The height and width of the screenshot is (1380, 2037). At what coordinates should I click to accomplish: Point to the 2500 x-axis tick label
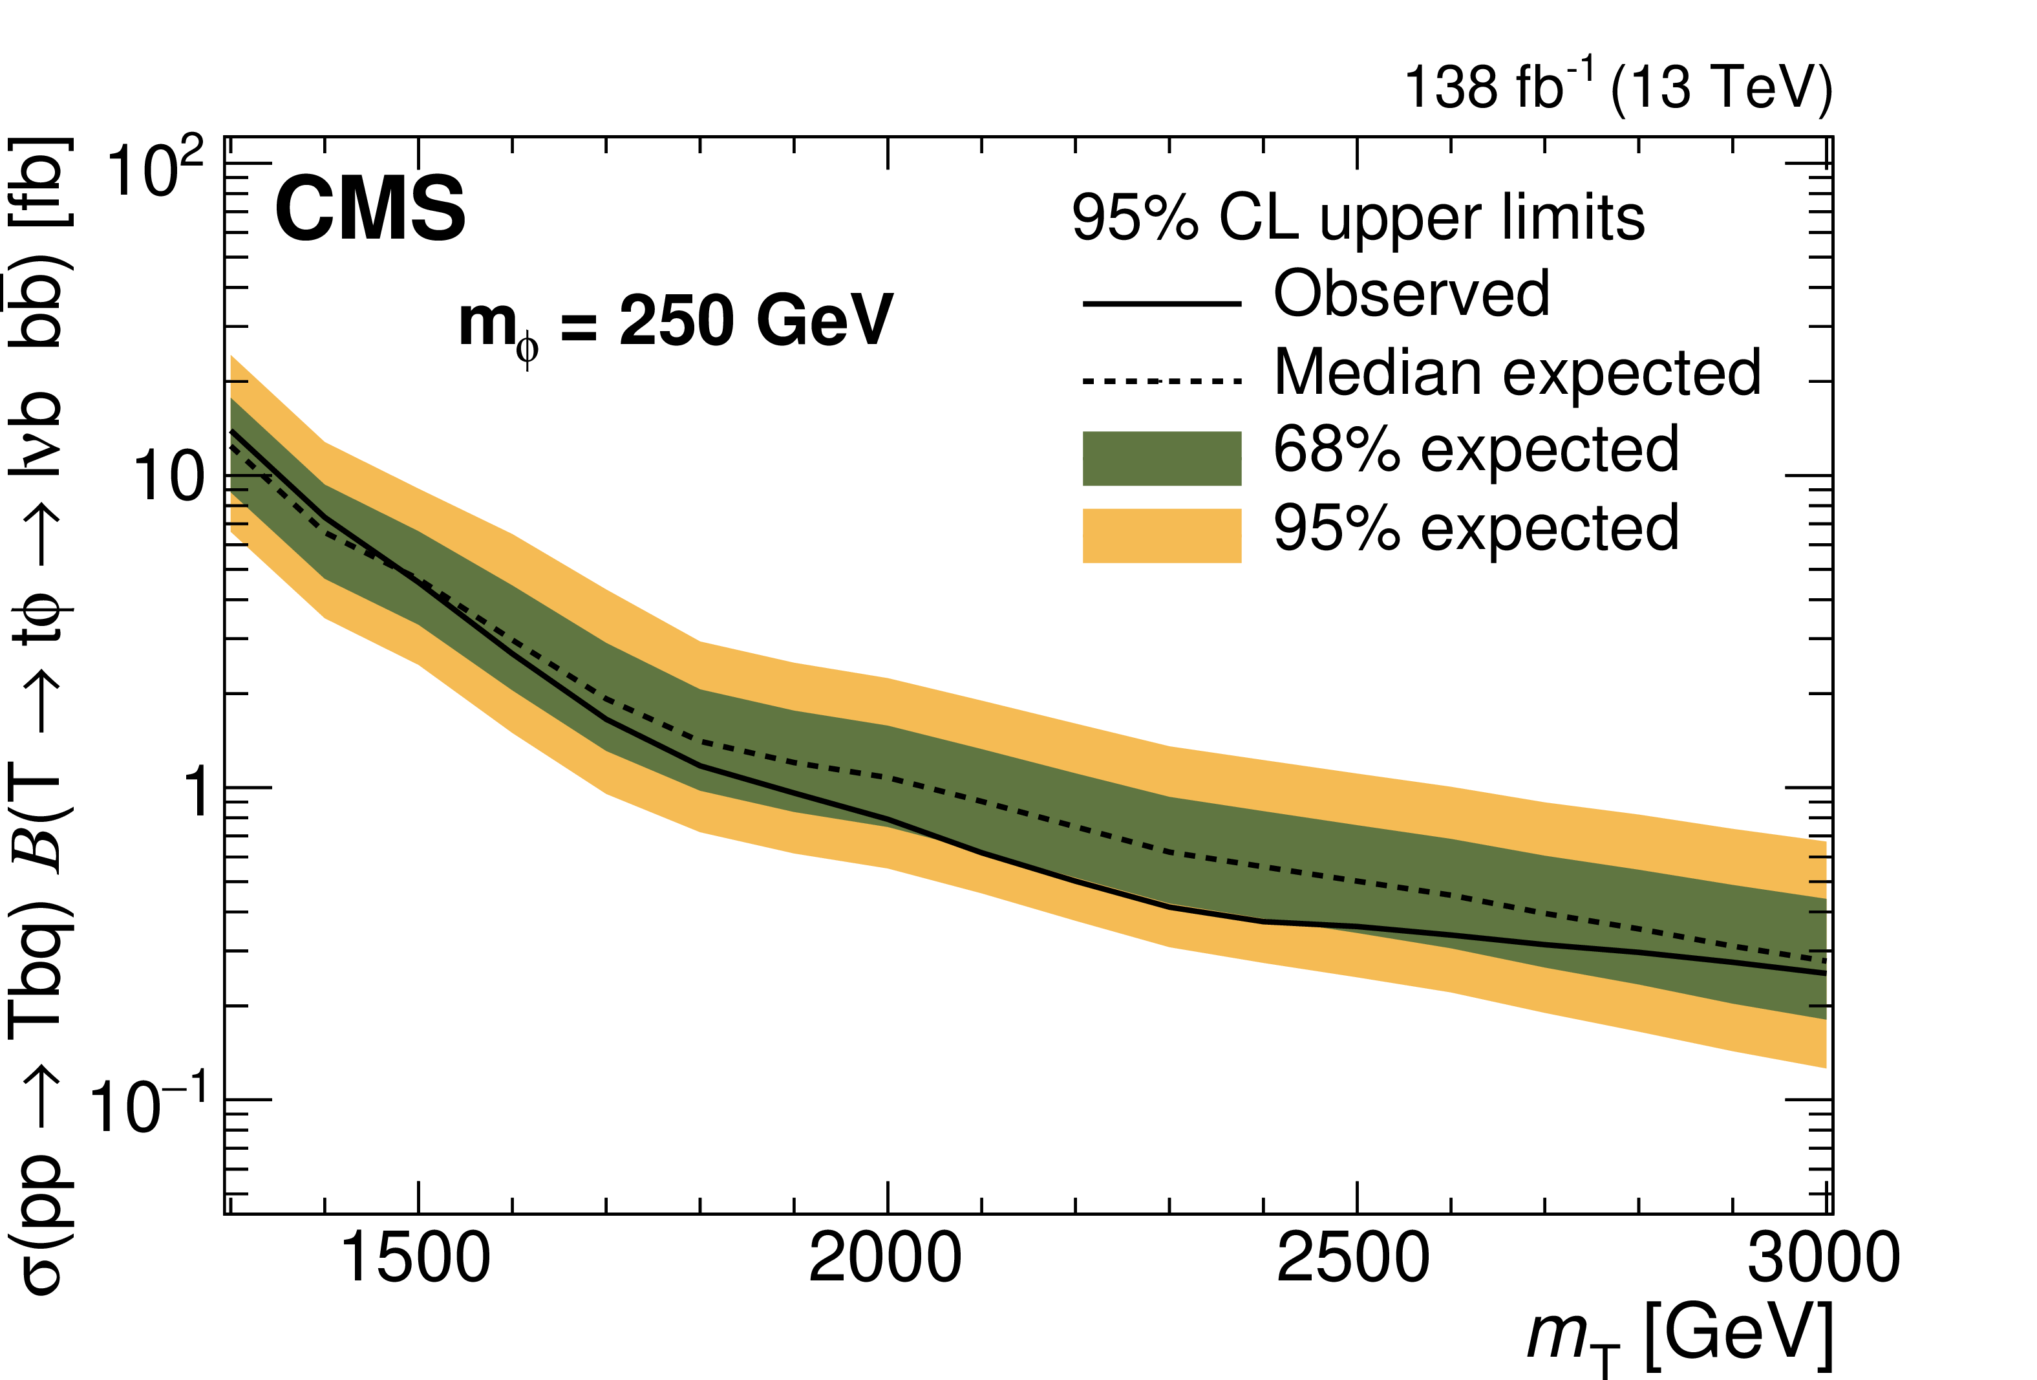(x=1354, y=1259)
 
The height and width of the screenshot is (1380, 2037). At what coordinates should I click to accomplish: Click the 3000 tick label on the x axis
(x=1823, y=1259)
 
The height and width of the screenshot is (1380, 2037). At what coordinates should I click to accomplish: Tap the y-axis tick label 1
(x=197, y=791)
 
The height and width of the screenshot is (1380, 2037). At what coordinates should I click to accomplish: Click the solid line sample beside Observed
(x=1162, y=303)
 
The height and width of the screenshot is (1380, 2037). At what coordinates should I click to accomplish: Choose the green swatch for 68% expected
(x=1162, y=458)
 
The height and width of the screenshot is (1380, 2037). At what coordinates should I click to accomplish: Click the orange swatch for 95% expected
(x=1162, y=535)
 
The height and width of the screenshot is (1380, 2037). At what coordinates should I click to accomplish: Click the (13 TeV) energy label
(x=1722, y=88)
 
